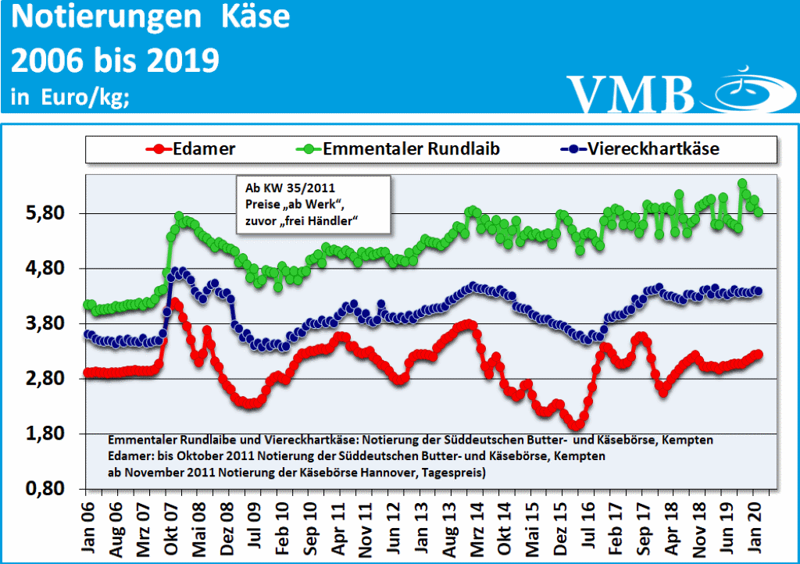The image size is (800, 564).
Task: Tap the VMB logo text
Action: [x=630, y=94]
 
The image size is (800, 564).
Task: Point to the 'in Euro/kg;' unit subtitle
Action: [x=70, y=98]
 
